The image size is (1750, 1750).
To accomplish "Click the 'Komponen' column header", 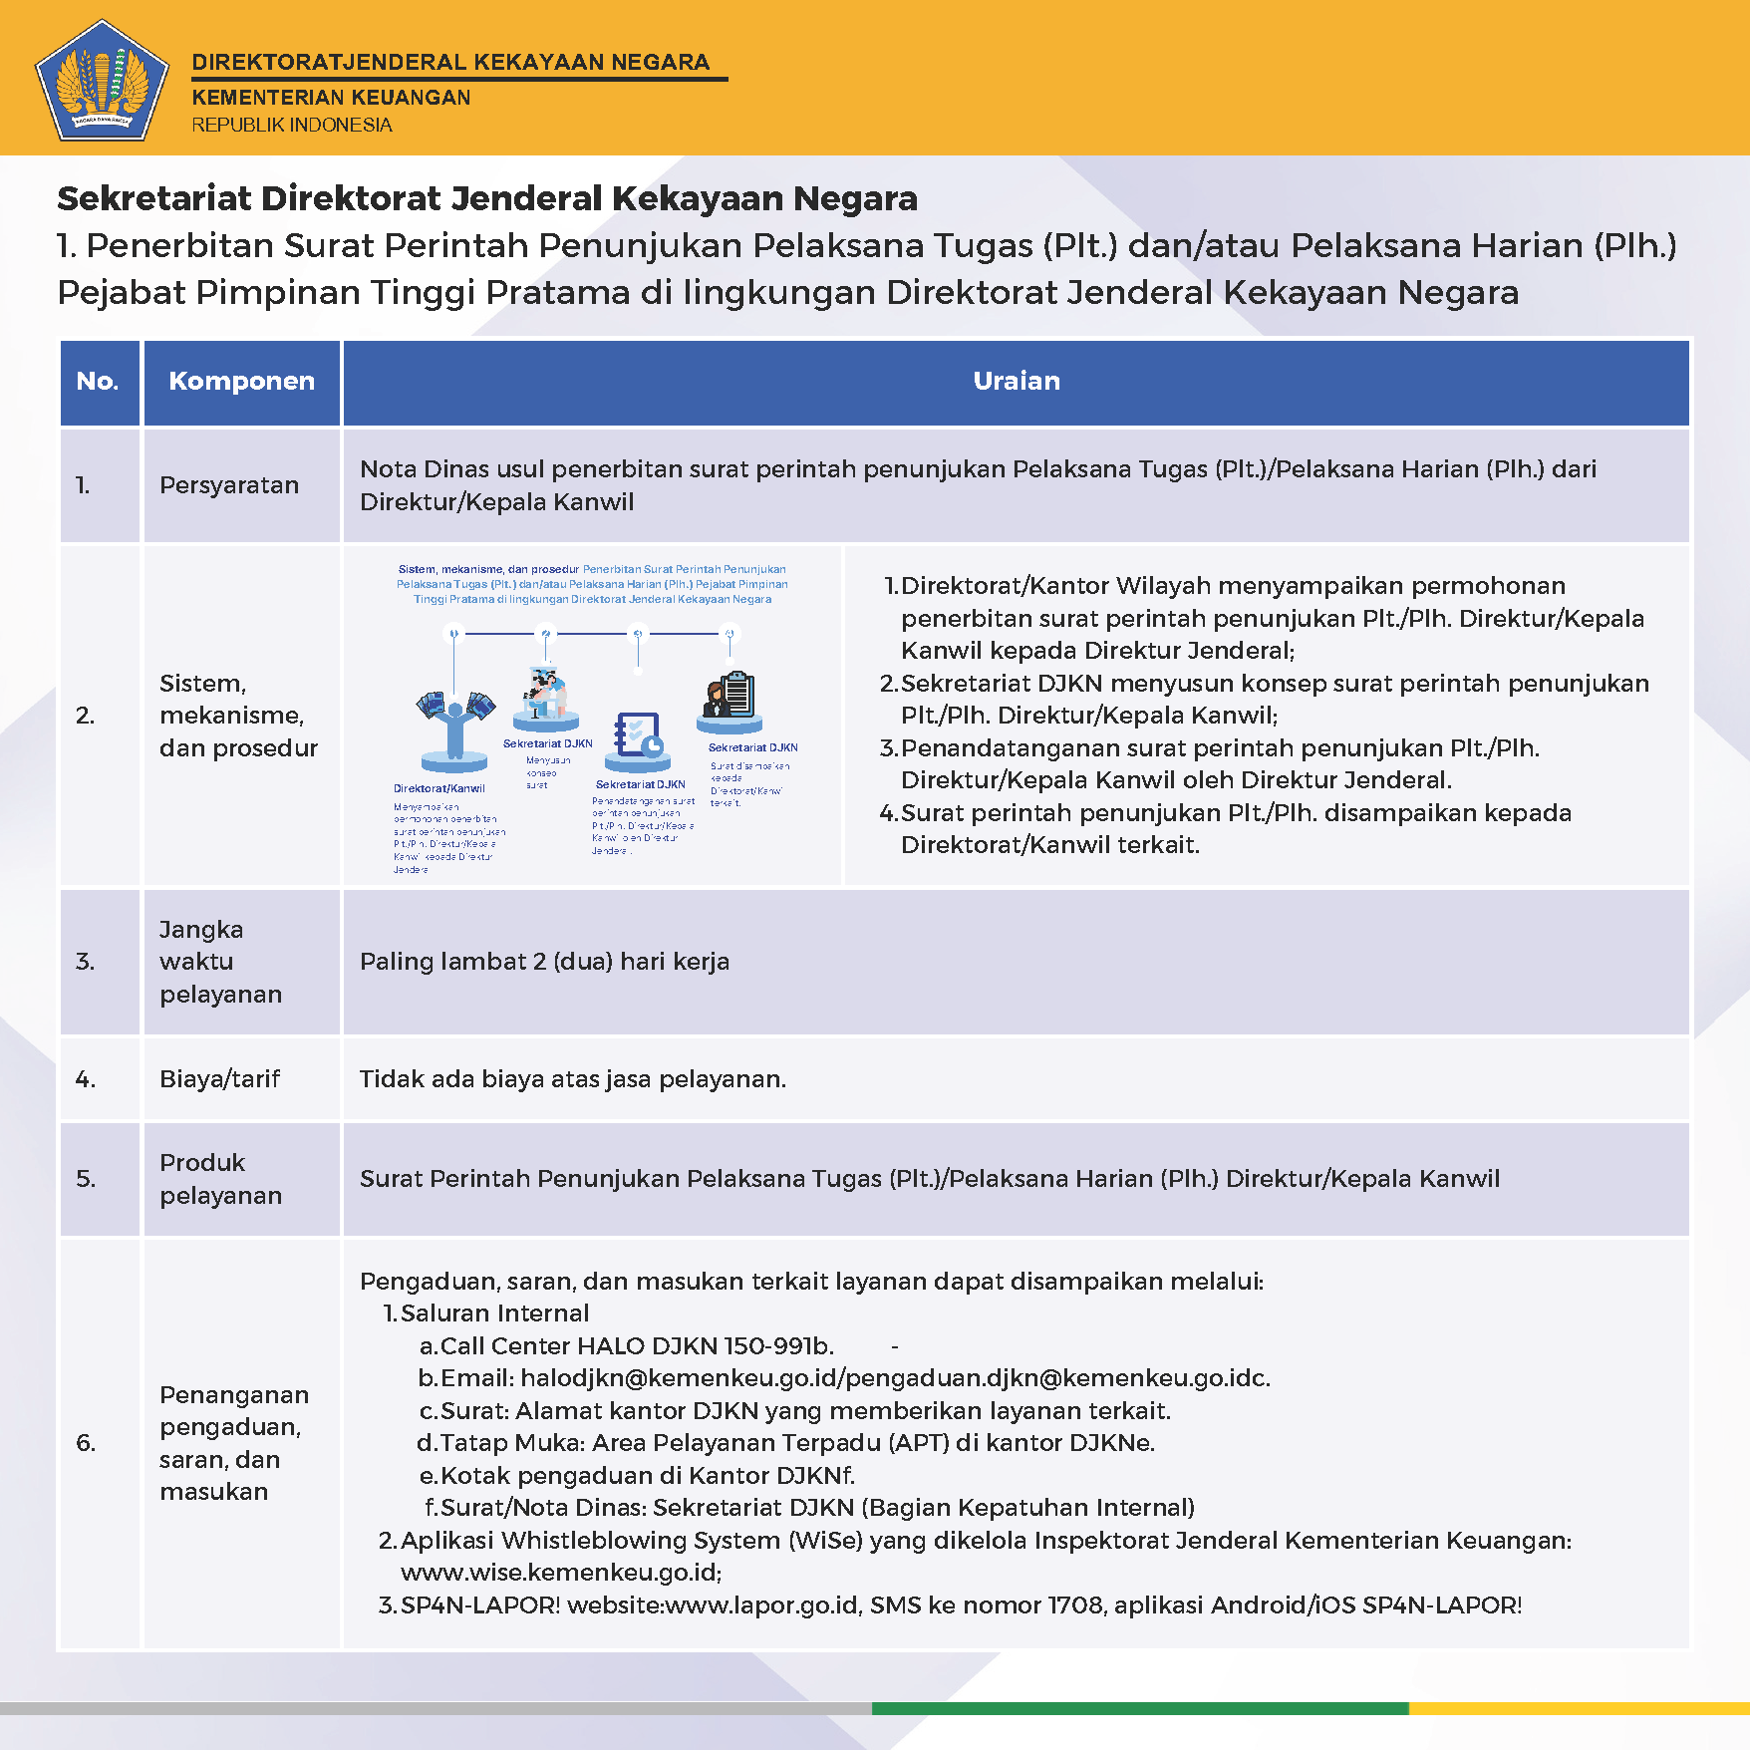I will (x=241, y=381).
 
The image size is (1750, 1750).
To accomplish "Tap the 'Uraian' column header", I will (x=1016, y=381).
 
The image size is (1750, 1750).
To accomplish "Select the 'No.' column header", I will (x=98, y=381).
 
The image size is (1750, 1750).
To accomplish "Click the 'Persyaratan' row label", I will (x=229, y=485).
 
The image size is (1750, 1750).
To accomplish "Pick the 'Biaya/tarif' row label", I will (x=219, y=1079).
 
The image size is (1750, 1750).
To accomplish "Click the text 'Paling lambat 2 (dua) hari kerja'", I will (x=544, y=962).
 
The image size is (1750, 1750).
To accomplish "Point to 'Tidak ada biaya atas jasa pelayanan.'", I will (x=572, y=1079).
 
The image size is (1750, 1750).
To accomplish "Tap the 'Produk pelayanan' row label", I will (x=220, y=1179).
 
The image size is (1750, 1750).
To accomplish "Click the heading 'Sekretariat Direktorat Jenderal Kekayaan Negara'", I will (x=486, y=198).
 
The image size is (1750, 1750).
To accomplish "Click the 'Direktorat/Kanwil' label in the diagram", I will (x=438, y=788).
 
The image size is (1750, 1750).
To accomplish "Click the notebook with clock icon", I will (x=638, y=738).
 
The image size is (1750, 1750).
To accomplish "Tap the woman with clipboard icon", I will (x=729, y=699).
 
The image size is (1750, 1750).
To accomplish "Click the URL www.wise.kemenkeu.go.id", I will (x=560, y=1573).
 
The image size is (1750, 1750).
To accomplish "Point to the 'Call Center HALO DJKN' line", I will (x=626, y=1346).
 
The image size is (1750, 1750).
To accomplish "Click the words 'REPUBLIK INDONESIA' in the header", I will (x=292, y=126).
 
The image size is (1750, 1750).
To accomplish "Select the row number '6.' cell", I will (x=87, y=1443).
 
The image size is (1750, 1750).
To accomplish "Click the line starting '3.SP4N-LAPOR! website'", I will (x=950, y=1605).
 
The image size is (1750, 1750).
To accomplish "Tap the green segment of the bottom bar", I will (x=1139, y=1708).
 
